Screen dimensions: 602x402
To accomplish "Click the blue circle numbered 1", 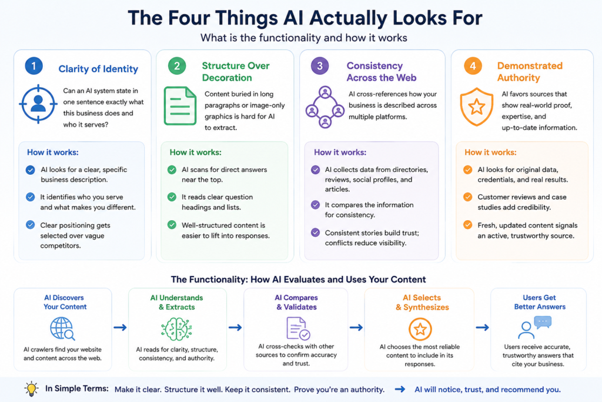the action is (x=34, y=66).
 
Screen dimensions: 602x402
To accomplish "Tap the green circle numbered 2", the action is (x=177, y=66).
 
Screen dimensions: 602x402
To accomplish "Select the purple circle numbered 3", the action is (x=320, y=66).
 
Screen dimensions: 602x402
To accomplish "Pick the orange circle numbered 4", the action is (x=473, y=66).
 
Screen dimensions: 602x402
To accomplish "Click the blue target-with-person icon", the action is (x=38, y=104).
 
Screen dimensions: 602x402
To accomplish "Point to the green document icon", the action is (x=180, y=106).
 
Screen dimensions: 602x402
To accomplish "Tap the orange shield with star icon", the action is (x=476, y=107).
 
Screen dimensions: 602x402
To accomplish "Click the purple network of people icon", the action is (x=325, y=107).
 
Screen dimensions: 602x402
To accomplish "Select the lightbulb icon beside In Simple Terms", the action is (x=32, y=388).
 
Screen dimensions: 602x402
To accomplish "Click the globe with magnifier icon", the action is (x=62, y=328).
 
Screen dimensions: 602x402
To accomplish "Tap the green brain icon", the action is (x=176, y=329).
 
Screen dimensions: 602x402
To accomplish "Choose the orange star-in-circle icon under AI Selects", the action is (x=420, y=329).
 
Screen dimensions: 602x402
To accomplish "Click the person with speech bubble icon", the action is (x=534, y=327).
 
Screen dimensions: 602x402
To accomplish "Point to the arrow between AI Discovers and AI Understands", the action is (x=120, y=327).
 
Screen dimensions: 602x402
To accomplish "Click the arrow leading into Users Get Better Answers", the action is (x=482, y=327).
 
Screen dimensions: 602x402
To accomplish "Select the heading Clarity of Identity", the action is (x=98, y=69).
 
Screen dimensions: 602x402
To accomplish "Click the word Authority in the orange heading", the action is (x=519, y=78).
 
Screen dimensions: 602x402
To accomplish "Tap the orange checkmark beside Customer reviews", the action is (x=467, y=197).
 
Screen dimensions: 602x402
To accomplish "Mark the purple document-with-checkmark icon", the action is (x=298, y=328).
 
